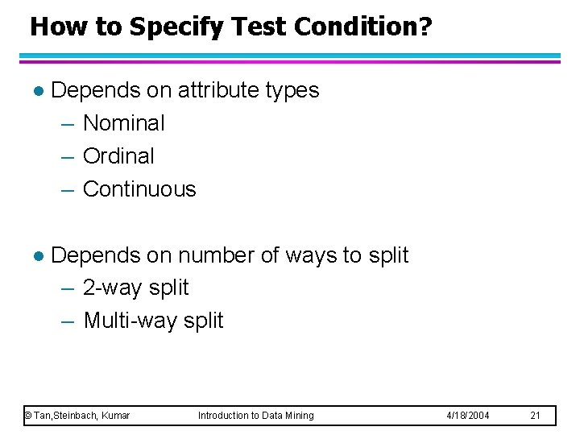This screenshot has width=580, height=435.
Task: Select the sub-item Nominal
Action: point(123,123)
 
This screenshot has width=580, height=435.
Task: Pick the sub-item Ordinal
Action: point(118,156)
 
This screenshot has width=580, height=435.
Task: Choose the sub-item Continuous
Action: point(139,189)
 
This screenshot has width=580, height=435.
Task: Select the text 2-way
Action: point(111,288)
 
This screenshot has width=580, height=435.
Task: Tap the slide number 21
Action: point(535,416)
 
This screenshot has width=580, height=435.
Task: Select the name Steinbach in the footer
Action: point(75,416)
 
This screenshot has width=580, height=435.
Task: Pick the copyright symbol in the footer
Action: point(28,416)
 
